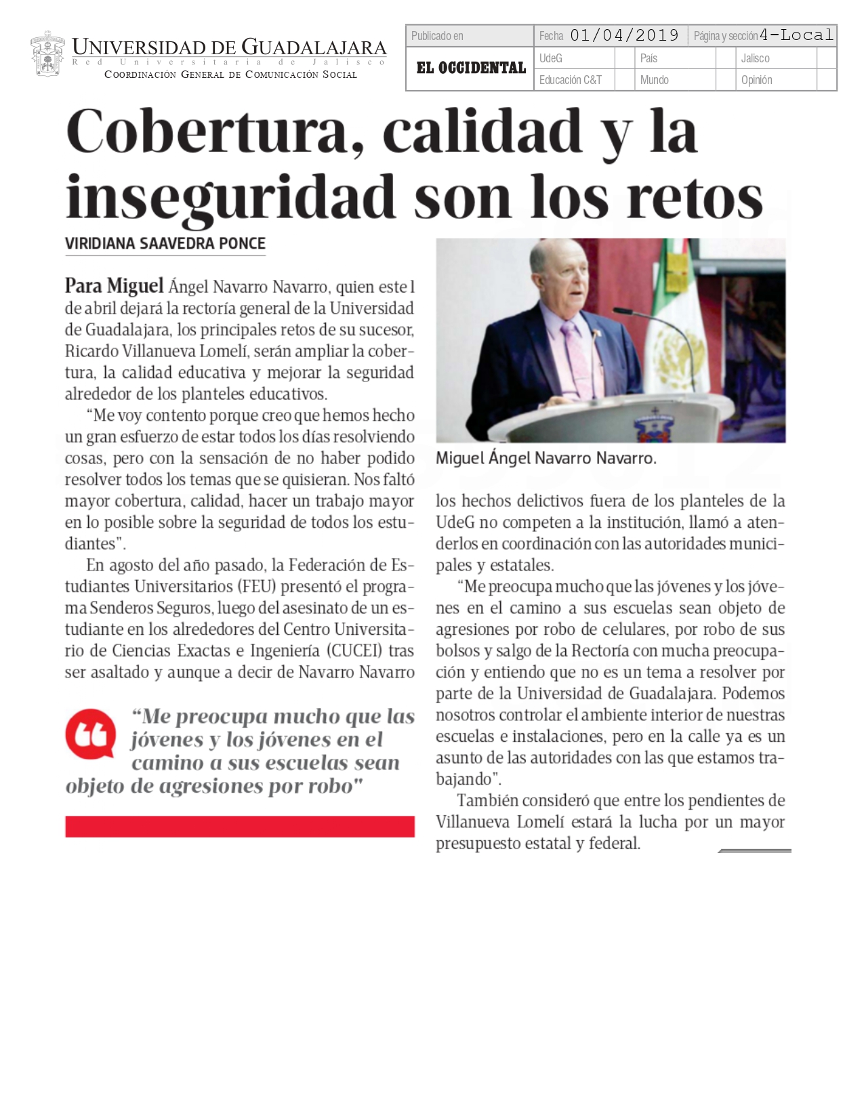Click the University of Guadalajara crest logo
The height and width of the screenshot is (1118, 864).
pos(47,55)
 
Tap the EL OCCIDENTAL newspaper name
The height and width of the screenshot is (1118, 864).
pos(471,68)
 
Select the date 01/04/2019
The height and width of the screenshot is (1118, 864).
pos(624,36)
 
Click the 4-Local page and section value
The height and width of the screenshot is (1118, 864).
pos(796,35)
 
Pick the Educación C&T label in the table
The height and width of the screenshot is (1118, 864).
pos(570,80)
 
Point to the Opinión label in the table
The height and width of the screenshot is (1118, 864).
pos(756,80)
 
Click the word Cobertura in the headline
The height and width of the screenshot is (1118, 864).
pos(207,132)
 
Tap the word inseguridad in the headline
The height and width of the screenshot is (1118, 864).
pos(230,197)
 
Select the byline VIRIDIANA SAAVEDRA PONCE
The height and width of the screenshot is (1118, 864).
pos(165,243)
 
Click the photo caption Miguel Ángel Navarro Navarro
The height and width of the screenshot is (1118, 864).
pos(546,459)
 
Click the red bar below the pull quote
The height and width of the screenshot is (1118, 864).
pos(239,826)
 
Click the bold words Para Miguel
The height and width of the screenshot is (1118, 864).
pos(114,287)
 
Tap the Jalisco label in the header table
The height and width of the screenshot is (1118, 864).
pos(755,58)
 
